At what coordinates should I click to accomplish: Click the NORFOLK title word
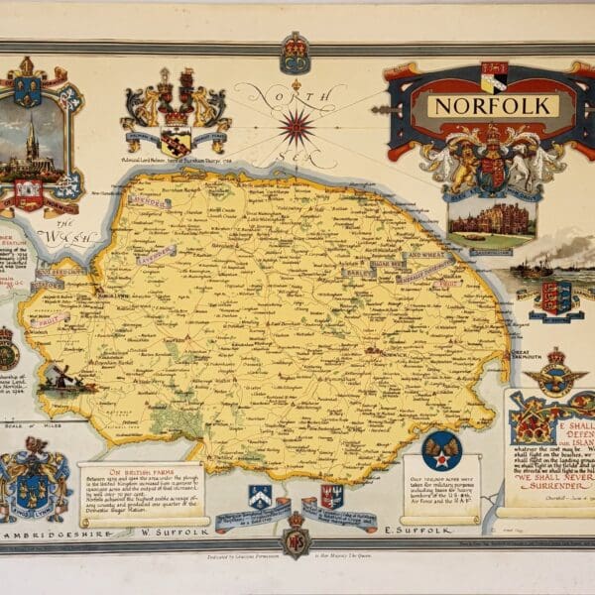point(492,106)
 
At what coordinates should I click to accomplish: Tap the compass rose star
point(297,126)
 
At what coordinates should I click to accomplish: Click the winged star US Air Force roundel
point(441,451)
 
